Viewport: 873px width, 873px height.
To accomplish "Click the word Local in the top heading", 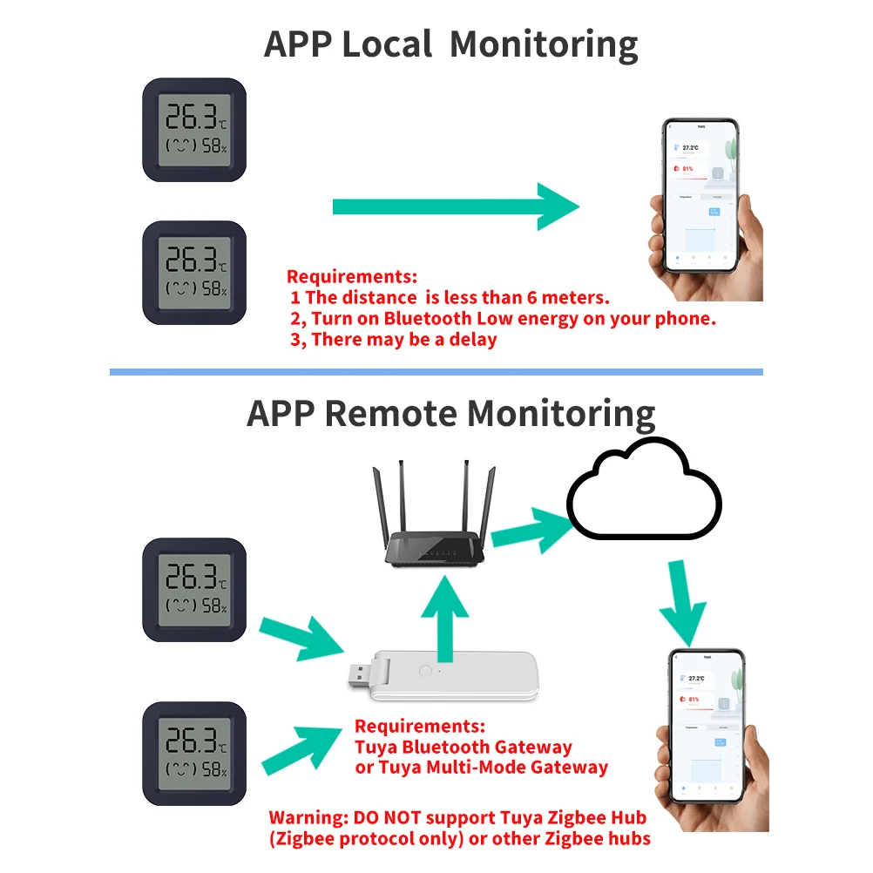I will pos(386,44).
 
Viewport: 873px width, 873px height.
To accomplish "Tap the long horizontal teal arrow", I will pos(453,206).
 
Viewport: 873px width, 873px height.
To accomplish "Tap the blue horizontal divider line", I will pos(436,372).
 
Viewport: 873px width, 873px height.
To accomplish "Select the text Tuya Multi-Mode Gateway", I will pos(482,768).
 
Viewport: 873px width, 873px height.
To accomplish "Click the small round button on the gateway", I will pos(425,672).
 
